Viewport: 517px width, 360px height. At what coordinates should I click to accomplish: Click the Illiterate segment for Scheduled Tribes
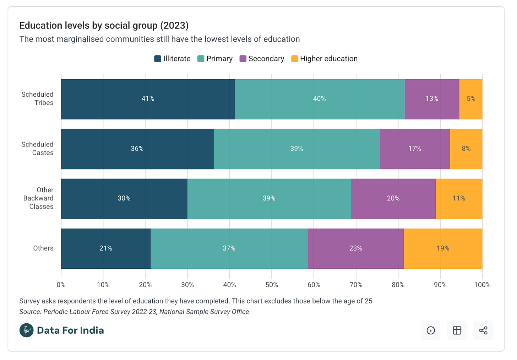pos(148,99)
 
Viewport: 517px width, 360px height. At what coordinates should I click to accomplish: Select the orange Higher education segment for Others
pos(443,248)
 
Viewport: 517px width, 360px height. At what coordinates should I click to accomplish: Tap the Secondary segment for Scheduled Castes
pos(415,149)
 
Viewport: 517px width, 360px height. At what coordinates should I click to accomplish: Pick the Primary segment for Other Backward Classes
pos(269,199)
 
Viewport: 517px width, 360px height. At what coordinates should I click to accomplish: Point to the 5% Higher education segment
pos(471,99)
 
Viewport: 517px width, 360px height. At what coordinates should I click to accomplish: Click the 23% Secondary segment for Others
pos(356,248)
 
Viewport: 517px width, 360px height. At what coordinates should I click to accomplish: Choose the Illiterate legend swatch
pos(158,59)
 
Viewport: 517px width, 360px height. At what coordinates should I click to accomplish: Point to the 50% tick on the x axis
pos(272,285)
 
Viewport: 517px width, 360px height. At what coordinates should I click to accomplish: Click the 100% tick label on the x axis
pos(482,285)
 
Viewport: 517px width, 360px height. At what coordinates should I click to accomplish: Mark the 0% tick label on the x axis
pos(61,285)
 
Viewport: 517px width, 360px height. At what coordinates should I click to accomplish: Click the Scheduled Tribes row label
pos(37,98)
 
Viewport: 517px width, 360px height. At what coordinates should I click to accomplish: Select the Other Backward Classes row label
pos(38,198)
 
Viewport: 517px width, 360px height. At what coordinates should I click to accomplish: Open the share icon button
pos(483,331)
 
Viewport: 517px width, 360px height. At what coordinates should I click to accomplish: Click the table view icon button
pos(457,331)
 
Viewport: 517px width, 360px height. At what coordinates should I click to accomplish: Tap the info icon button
pos(431,331)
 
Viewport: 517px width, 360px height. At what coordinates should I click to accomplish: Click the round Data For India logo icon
pos(27,331)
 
